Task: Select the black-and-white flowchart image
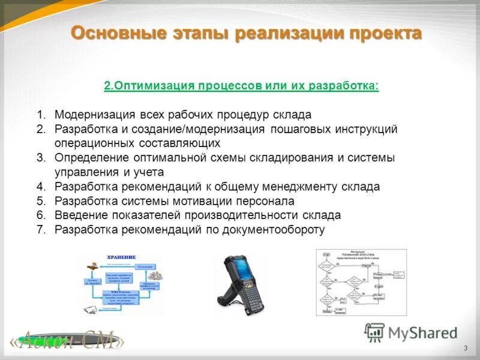(361, 282)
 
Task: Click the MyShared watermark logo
(412, 332)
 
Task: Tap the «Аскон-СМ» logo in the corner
(67, 341)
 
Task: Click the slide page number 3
(466, 349)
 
